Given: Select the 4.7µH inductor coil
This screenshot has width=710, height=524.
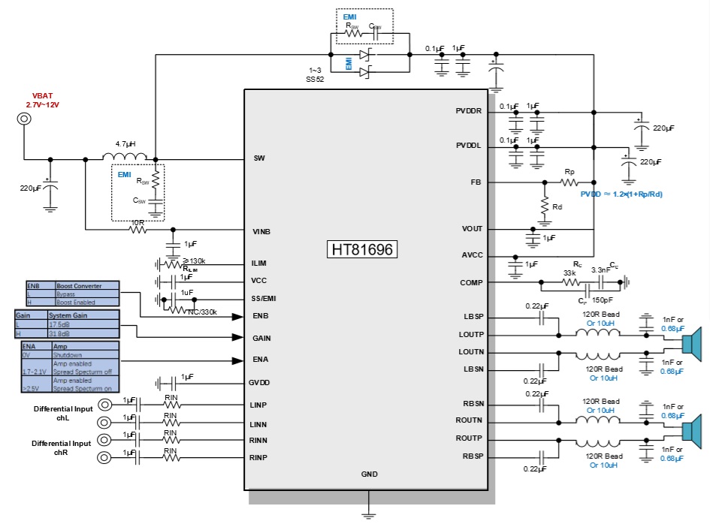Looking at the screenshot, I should coord(125,156).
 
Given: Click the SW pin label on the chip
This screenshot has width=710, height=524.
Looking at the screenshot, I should coord(259,158).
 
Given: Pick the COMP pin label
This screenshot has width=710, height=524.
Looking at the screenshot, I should coord(471,282).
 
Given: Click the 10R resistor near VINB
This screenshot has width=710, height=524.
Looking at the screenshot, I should coord(137,229).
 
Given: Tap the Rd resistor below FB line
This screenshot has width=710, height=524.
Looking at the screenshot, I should coord(542,204).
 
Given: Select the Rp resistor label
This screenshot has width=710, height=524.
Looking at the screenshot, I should coord(570,172).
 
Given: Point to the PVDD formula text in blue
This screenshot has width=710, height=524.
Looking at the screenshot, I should coord(621,194).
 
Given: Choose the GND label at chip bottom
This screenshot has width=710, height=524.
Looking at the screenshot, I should coord(369,474).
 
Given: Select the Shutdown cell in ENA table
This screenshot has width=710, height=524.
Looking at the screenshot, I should coord(66,356).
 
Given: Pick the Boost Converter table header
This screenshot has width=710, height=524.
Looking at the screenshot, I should coord(87,285).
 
